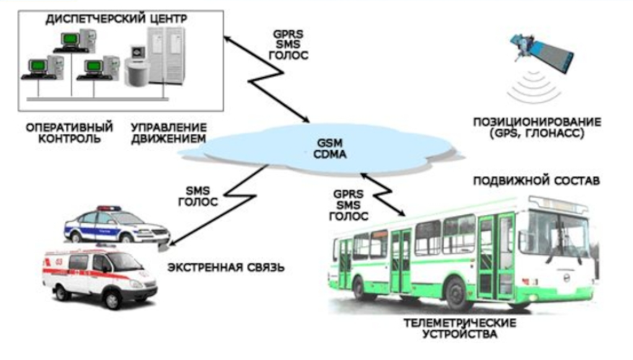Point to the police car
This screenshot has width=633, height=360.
[x=115, y=224]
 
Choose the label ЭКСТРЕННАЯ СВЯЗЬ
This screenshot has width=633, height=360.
[x=226, y=268]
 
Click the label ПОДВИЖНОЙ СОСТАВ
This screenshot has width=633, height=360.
[x=535, y=180]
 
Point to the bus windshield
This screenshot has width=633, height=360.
[x=559, y=231]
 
